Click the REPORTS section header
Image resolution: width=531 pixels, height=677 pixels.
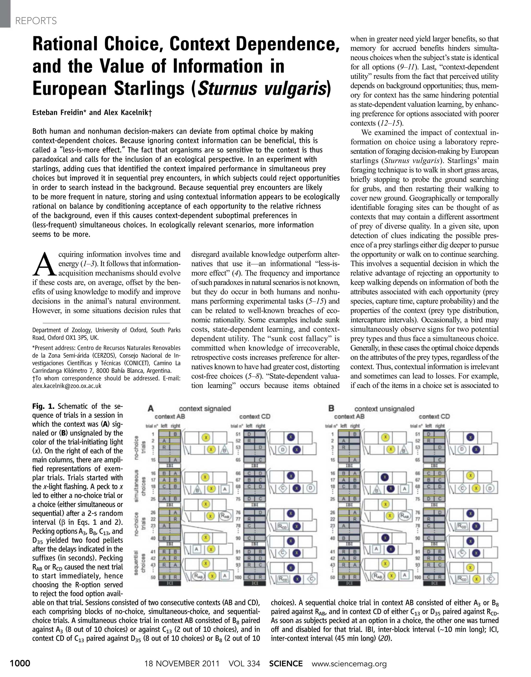click(x=36, y=21)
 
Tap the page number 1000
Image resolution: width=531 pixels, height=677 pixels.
click(x=20, y=663)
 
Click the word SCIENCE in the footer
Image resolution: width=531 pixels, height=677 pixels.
click(x=286, y=663)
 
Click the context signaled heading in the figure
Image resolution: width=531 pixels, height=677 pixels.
click(x=205, y=409)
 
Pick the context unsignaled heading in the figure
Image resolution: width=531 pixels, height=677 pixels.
click(x=384, y=409)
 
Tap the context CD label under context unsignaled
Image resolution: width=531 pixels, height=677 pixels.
click(x=434, y=416)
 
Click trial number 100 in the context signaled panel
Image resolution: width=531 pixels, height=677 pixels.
click(x=238, y=578)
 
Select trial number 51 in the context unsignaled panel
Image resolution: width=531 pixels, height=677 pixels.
click(x=417, y=434)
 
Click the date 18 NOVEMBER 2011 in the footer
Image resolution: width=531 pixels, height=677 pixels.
click(x=182, y=663)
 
